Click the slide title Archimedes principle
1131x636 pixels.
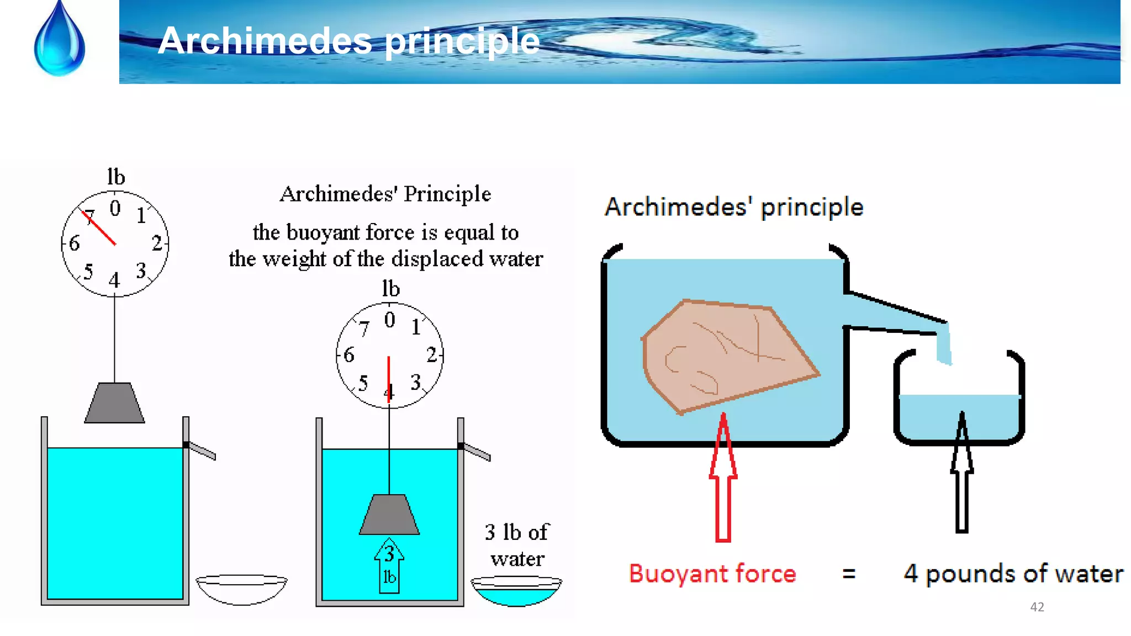pos(348,40)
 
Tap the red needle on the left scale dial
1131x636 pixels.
pos(99,228)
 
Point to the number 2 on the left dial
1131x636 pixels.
pos(157,243)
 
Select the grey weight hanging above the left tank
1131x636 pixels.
pos(114,403)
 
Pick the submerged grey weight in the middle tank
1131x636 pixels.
pos(389,515)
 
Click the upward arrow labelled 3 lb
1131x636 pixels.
pos(389,566)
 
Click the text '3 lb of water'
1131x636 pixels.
pos(517,545)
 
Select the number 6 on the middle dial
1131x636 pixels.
pos(348,355)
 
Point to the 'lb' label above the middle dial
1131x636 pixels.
pos(390,289)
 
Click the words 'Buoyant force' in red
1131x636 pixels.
pos(712,574)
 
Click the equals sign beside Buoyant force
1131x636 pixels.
pos(849,574)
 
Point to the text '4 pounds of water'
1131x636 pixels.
pos(1013,574)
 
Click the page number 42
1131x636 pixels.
pos(1037,607)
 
